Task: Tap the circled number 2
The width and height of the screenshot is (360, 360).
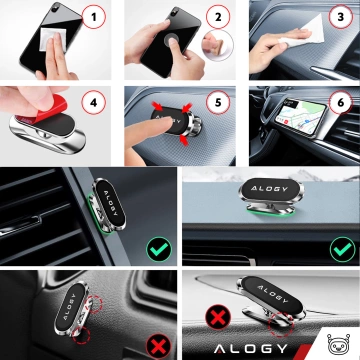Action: [x=216, y=18]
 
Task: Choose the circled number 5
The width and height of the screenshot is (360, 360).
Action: [x=217, y=102]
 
